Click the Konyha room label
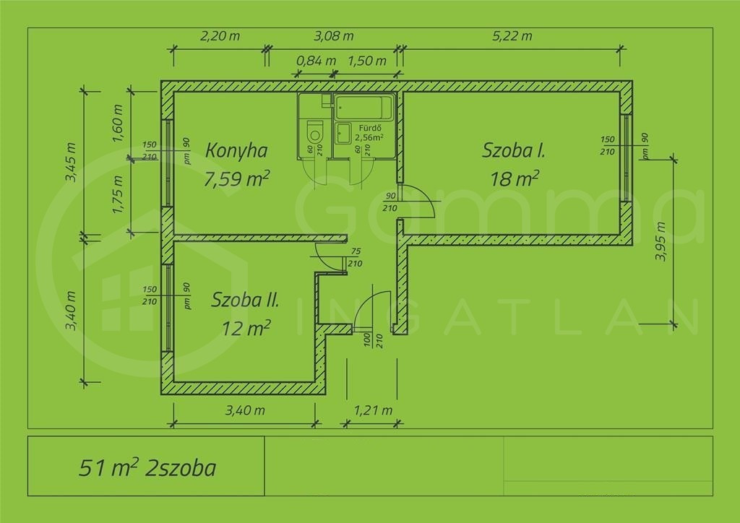(x=236, y=150)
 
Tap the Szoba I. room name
(x=514, y=150)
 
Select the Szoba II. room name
(x=245, y=300)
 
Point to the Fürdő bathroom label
(x=370, y=128)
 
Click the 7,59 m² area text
(x=237, y=178)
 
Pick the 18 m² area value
(x=515, y=179)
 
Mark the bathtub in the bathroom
(x=364, y=107)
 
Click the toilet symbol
(x=315, y=132)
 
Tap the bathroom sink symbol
(x=343, y=133)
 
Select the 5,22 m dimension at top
(x=512, y=36)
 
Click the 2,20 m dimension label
(x=220, y=36)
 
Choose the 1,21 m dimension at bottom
(x=374, y=410)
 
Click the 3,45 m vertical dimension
(x=71, y=162)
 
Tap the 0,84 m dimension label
(x=317, y=61)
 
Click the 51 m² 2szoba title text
(x=147, y=468)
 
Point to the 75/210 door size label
(x=355, y=257)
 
